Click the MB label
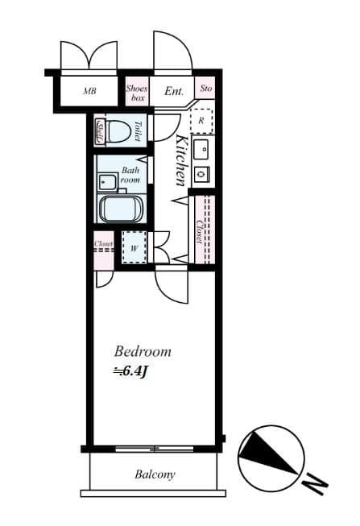coord(89,92)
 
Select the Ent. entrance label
coord(174,92)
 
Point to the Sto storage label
coord(206,89)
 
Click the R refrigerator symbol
coord(201,120)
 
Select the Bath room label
coord(130,176)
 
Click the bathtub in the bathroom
coord(121,209)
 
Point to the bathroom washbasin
coord(106,182)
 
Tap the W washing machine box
coord(133,246)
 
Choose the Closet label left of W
coord(103,243)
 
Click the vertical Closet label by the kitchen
coord(198,232)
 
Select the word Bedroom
coord(143,351)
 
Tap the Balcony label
coord(154,474)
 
